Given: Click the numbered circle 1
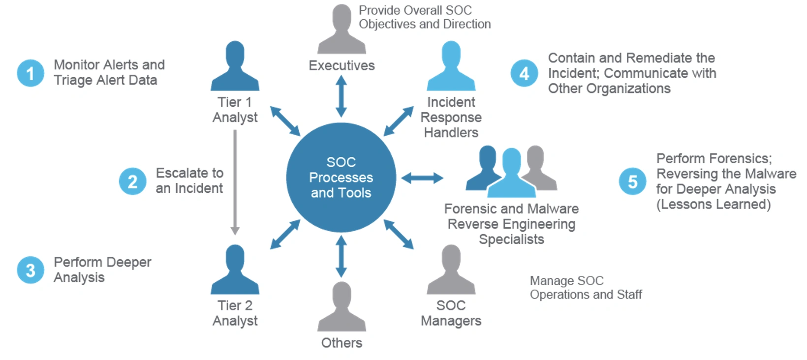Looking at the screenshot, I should pos(31,73).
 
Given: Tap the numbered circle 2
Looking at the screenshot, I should pos(132,181).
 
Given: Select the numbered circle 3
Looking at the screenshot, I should pos(31,270).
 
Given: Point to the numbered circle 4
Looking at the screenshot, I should pos(524,73).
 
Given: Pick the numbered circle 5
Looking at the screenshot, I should pos(632,181).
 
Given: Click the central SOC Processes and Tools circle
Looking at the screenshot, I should pos(341,178).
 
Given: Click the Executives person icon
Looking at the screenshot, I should pos(341,30).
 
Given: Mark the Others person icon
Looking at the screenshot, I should pos(341,307).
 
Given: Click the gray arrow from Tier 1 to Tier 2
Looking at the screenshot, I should pos(235,182).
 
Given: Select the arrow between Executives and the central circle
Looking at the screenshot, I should pos(341,96).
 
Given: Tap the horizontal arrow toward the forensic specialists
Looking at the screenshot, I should pos(422,178).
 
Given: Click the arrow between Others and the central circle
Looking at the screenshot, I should pos(341,256).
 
